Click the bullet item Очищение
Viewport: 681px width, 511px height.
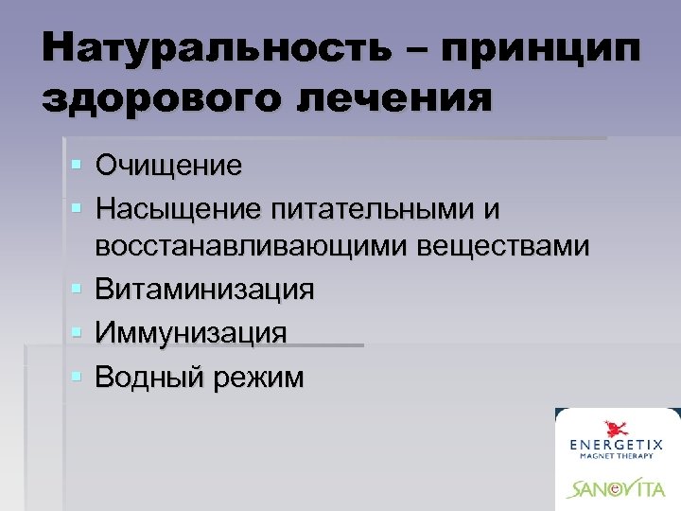(x=168, y=166)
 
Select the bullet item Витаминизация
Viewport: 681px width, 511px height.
(x=204, y=289)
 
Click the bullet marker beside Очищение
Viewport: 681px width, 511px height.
(x=76, y=166)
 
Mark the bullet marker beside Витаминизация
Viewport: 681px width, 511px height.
(x=76, y=289)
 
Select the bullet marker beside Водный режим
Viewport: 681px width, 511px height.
(x=76, y=377)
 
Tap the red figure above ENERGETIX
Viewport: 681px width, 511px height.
(x=617, y=422)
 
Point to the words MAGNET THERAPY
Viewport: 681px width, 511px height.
(x=616, y=457)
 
